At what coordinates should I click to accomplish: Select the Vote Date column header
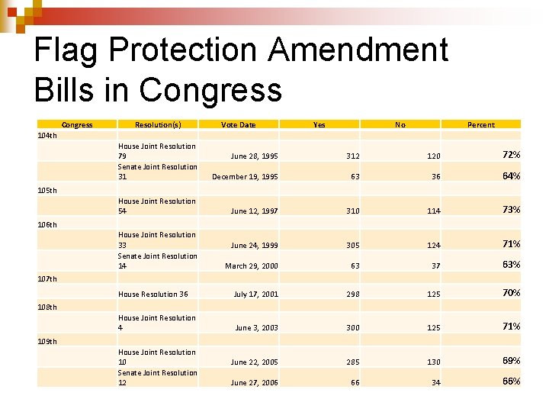point(238,124)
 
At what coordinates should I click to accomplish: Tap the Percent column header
point(480,124)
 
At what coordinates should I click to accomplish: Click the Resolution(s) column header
point(158,124)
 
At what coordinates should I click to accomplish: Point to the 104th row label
point(47,136)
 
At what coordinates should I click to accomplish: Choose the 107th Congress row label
point(47,279)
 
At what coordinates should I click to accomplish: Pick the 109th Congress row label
point(47,341)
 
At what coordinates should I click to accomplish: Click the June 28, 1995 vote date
point(254,156)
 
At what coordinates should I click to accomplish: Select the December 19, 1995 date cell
point(245,177)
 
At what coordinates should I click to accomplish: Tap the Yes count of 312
point(352,156)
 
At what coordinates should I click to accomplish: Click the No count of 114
point(433,211)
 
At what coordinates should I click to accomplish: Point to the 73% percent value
point(511,210)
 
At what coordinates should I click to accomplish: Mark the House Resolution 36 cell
point(152,295)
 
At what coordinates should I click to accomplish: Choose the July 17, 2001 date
point(255,295)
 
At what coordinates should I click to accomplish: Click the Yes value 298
point(352,295)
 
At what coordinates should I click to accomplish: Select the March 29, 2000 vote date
point(251,266)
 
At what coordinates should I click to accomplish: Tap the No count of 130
point(433,362)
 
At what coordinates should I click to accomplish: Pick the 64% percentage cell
point(511,176)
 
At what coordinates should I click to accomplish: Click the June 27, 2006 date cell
point(254,383)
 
